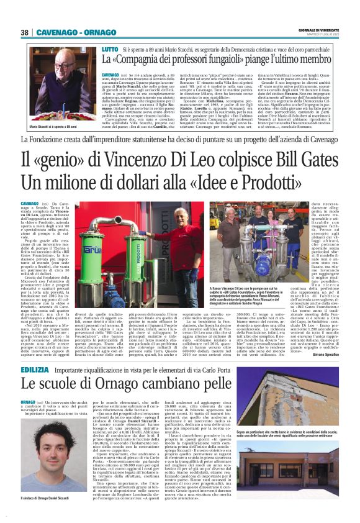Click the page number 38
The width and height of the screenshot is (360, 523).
coord(25,32)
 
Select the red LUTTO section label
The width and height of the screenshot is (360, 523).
coord(109,48)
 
